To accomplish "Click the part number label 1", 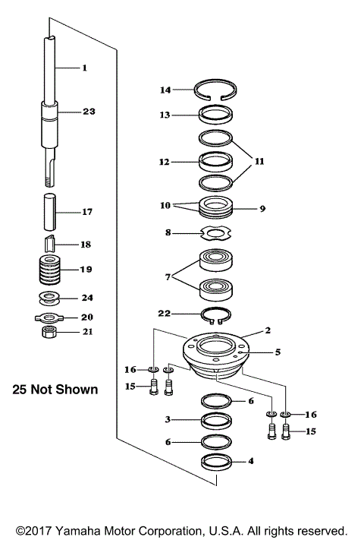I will coord(84,68).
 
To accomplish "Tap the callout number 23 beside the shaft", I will coord(89,112).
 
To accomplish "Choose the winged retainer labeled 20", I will coord(52,316).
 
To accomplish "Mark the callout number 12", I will coord(165,162).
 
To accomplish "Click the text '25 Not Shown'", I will coord(55,390).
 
